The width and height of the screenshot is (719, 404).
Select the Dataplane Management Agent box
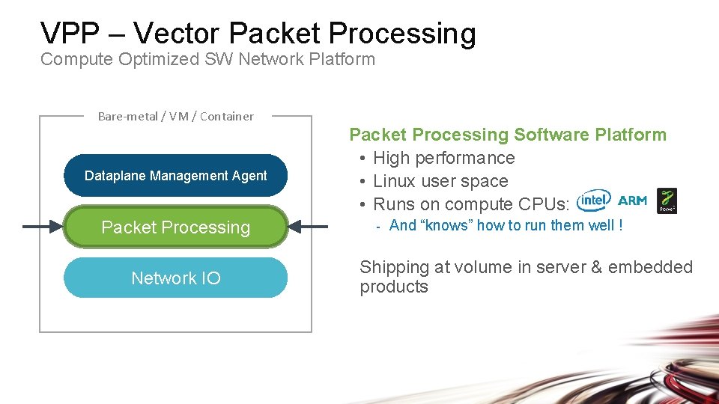pyautogui.click(x=175, y=176)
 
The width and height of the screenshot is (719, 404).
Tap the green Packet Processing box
pyautogui.click(x=175, y=227)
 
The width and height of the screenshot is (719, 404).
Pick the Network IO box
pyautogui.click(x=175, y=278)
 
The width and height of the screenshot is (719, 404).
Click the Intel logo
pyautogui.click(x=595, y=201)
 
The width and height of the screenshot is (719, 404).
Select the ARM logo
pyautogui.click(x=633, y=201)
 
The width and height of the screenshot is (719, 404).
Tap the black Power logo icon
pyautogui.click(x=667, y=201)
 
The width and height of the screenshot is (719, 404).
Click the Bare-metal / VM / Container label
pyautogui.click(x=175, y=116)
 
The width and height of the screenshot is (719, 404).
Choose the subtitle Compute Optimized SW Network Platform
pyautogui.click(x=207, y=60)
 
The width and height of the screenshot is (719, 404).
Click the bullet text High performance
pyautogui.click(x=443, y=158)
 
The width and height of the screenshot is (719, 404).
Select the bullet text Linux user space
pyautogui.click(x=440, y=181)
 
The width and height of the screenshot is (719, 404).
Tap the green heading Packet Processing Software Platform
pyautogui.click(x=508, y=135)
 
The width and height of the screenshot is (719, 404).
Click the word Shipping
pyautogui.click(x=392, y=267)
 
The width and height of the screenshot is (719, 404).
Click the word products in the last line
pyautogui.click(x=394, y=287)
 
